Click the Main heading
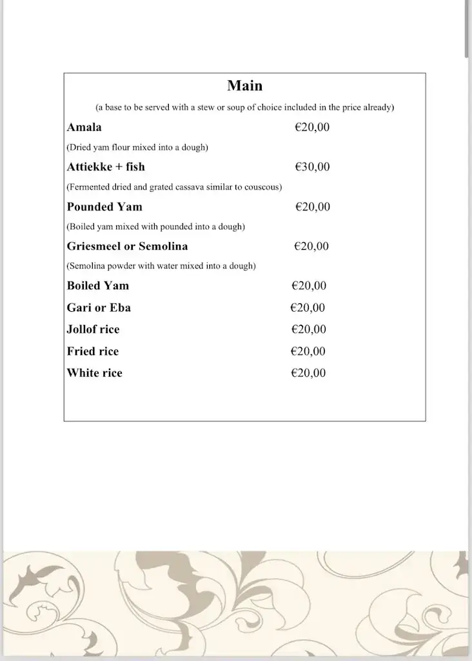pyautogui.click(x=244, y=86)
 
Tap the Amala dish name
pyautogui.click(x=84, y=127)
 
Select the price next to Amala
pyautogui.click(x=312, y=127)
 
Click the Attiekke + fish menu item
pyautogui.click(x=106, y=167)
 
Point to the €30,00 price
pyautogui.click(x=312, y=167)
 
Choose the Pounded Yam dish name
pyautogui.click(x=104, y=207)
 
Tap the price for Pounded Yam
pyautogui.click(x=313, y=207)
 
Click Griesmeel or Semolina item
pyautogui.click(x=127, y=246)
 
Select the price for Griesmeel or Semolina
pyautogui.click(x=311, y=246)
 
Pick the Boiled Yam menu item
pyautogui.click(x=98, y=285)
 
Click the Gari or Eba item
pyautogui.click(x=99, y=307)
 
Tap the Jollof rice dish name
pyautogui.click(x=93, y=329)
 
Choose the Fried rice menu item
pyautogui.click(x=93, y=351)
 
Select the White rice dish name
pyautogui.click(x=94, y=372)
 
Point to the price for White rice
pyautogui.click(x=308, y=372)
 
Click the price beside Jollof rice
pyautogui.click(x=309, y=329)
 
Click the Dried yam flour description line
pyautogui.click(x=137, y=147)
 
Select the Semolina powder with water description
pyautogui.click(x=161, y=266)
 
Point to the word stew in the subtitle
pyautogui.click(x=206, y=107)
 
